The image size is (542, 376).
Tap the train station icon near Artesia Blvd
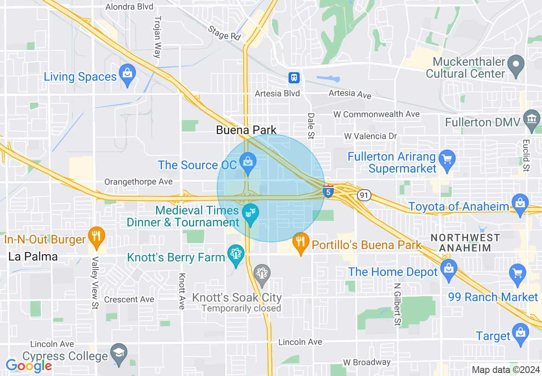(x=294, y=77)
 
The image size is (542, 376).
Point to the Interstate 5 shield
(x=328, y=192)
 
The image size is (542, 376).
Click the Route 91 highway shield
(x=364, y=195)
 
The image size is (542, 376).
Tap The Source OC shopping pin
(x=247, y=162)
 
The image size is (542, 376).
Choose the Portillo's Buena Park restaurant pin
(x=301, y=242)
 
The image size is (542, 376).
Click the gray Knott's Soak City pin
(x=262, y=273)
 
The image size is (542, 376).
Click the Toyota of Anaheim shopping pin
(x=520, y=203)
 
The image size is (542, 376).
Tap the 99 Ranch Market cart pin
(x=517, y=273)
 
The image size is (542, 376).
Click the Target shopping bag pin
(x=520, y=332)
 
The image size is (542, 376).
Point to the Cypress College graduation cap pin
(x=118, y=353)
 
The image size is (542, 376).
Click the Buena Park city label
(x=246, y=130)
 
